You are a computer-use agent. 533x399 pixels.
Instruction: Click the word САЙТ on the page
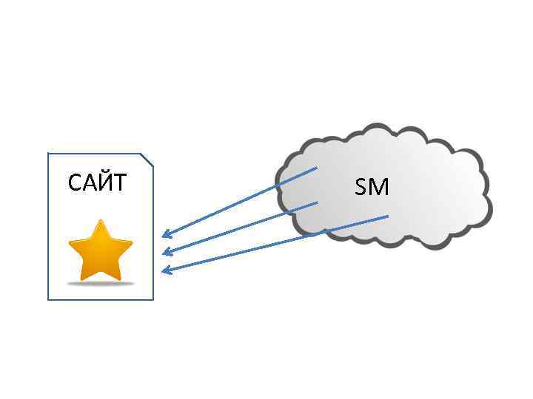[97, 182]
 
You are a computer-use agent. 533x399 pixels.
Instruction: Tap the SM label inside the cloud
[372, 188]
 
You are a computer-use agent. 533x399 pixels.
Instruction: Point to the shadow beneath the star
[100, 283]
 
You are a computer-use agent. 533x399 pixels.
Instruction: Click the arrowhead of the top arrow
[164, 236]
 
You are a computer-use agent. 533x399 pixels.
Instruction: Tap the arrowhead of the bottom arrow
[164, 270]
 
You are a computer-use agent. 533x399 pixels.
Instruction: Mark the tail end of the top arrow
[316, 168]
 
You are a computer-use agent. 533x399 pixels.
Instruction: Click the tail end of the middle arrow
[318, 202]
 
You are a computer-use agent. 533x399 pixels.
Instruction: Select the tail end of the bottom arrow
[388, 216]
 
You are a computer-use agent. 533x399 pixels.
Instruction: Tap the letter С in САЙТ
[75, 183]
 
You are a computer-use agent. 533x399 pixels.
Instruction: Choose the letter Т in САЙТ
[119, 183]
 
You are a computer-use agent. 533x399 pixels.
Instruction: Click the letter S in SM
[362, 188]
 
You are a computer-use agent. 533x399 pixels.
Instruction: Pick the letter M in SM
[379, 188]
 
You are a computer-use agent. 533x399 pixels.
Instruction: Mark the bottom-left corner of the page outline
[48, 299]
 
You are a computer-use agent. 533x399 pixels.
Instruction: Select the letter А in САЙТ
[88, 183]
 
